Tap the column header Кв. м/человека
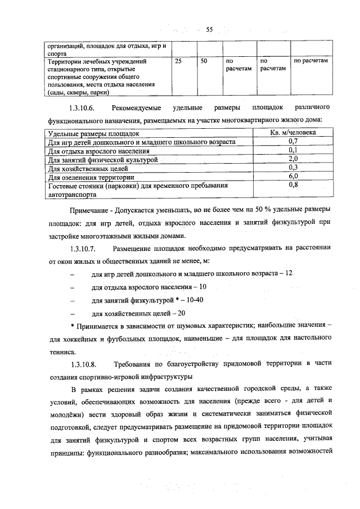[x=293, y=133]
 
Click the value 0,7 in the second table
[x=293, y=142]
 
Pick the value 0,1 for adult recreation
[x=293, y=150]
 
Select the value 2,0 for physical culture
[x=293, y=159]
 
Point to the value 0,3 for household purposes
[x=293, y=167]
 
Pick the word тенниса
[x=62, y=352]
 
